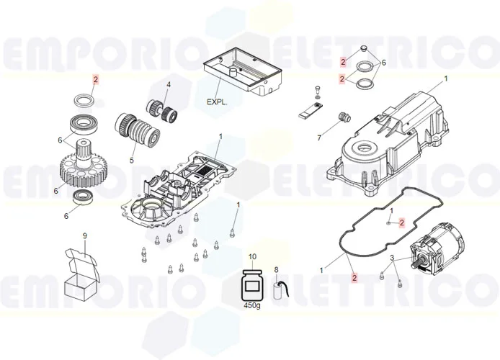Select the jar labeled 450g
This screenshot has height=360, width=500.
coord(252,285)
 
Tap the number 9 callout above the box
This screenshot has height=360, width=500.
coord(84,236)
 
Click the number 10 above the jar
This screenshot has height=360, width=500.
coord(252,257)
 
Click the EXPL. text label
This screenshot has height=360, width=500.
coord(217,102)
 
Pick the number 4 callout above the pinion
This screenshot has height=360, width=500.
coord(168,85)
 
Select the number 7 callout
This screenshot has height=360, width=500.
coord(319,138)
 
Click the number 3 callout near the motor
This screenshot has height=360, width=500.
coord(392,258)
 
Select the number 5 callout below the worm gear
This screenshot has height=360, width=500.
coord(132,160)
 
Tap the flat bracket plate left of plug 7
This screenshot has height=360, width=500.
coord(311,112)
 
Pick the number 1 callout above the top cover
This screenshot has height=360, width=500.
coord(445,78)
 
